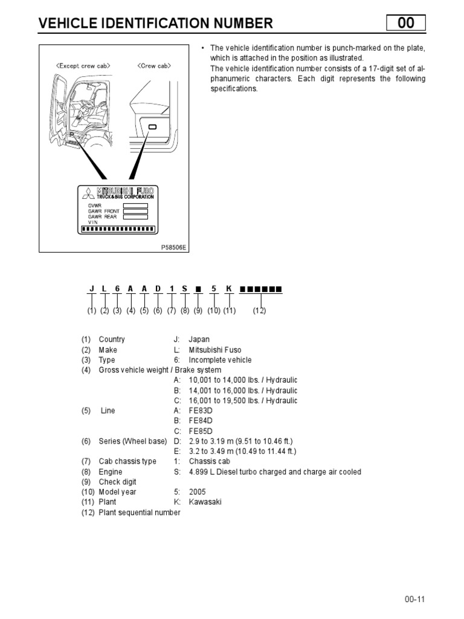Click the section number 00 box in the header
406,23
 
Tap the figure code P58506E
175,247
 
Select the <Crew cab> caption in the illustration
153,66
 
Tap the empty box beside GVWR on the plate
135,206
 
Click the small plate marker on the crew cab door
152,127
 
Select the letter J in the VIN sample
91,289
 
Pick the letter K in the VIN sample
229,289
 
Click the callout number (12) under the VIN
259,311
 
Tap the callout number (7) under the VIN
172,311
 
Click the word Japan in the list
199,340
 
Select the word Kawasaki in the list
205,502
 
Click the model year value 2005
198,492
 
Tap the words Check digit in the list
117,482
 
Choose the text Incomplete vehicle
220,360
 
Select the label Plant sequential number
140,513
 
